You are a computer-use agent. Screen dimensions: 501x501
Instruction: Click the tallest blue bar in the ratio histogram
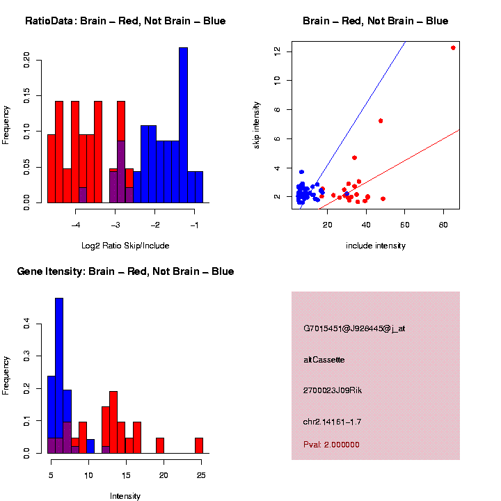[183, 125]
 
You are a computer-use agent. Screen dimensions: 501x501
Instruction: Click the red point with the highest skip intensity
[453, 48]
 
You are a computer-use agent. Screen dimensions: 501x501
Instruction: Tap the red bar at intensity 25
[199, 445]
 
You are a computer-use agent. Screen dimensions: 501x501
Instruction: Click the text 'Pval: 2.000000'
[331, 445]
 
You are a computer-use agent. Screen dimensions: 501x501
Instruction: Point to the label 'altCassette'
[324, 360]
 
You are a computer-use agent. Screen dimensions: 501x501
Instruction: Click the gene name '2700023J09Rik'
[333, 390]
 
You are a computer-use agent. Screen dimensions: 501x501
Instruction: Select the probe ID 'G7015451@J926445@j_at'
[354, 328]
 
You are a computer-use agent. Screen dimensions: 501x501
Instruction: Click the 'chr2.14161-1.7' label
[332, 422]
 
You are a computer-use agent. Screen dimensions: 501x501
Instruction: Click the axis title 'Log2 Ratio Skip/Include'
[125, 246]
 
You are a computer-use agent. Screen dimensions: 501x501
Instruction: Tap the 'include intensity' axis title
[376, 246]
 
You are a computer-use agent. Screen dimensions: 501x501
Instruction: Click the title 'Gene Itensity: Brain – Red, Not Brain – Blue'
[125, 271]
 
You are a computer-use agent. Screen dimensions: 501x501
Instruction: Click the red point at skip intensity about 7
[381, 121]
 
